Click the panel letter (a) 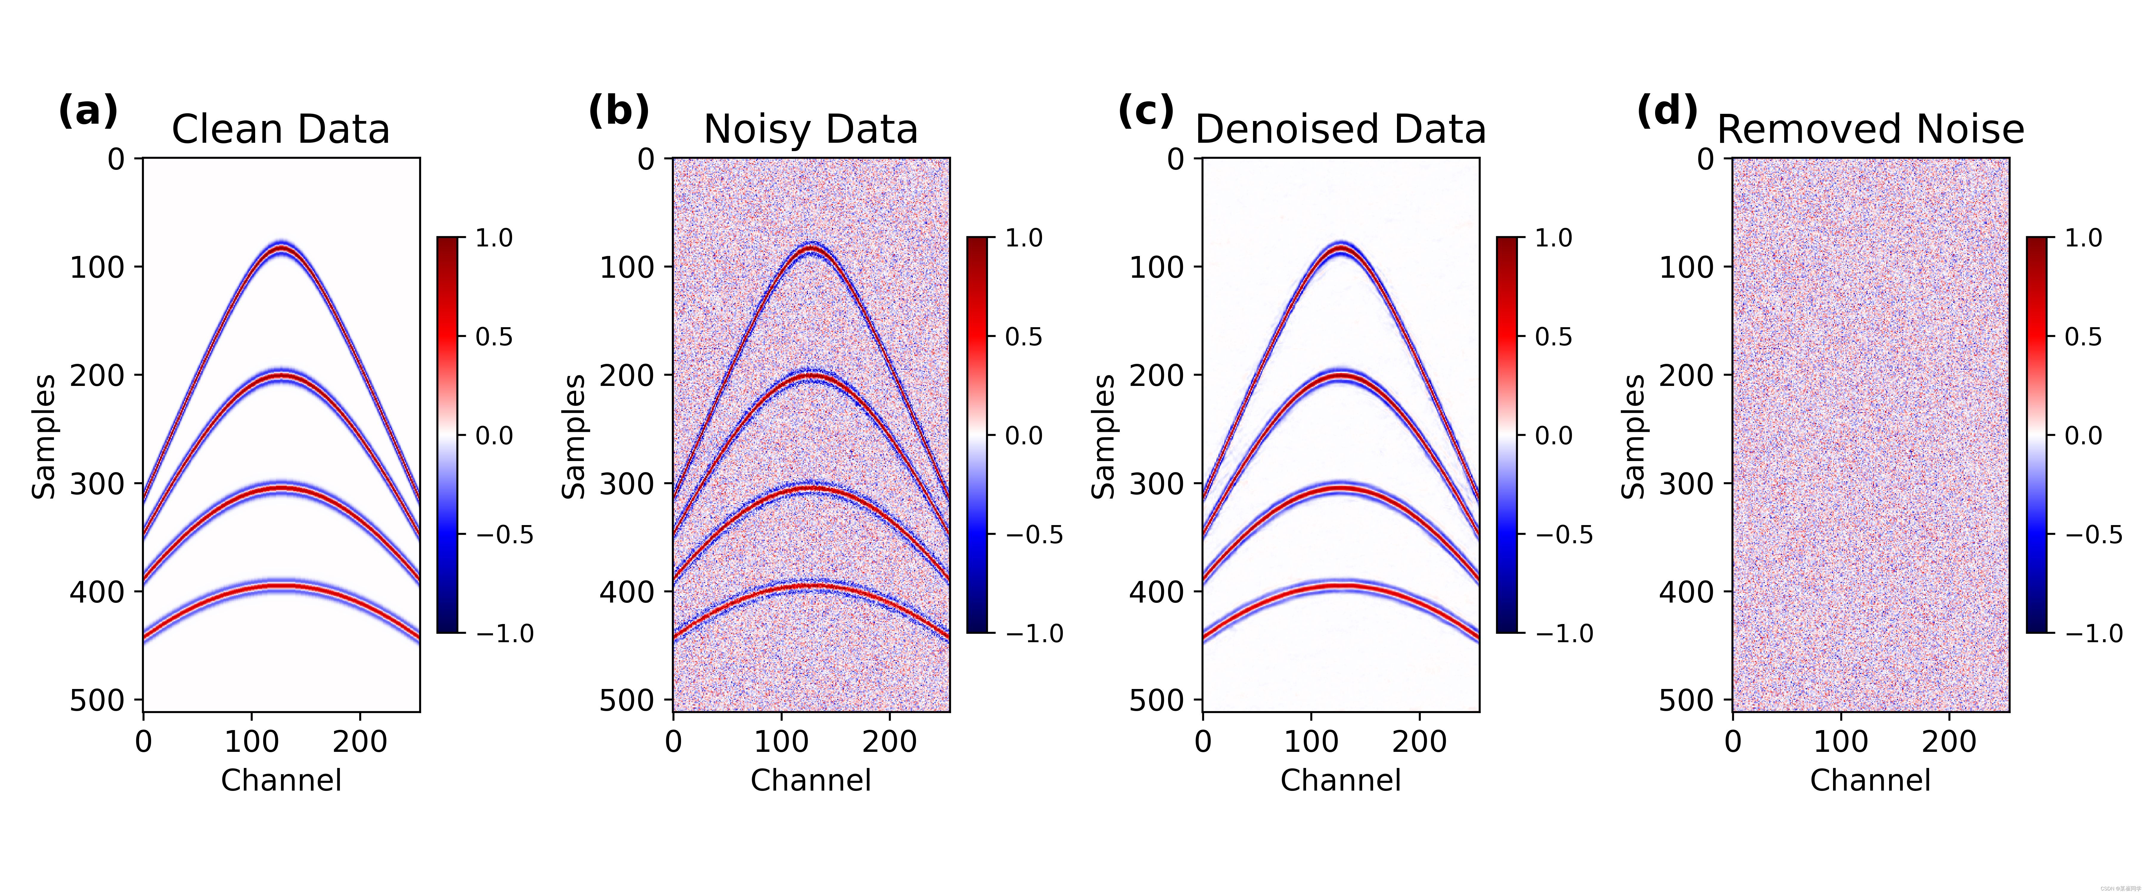tap(87, 111)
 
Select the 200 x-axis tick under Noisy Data tap(890, 741)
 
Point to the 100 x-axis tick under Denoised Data tap(1311, 741)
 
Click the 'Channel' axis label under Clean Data tap(281, 781)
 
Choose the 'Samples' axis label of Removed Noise tap(1634, 437)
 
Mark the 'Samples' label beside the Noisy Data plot tap(574, 437)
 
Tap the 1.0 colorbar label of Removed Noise tap(2083, 238)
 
